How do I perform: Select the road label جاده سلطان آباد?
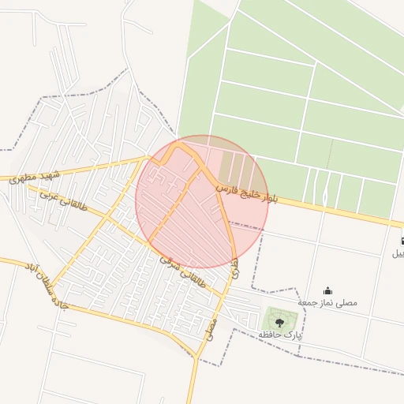point(48,284)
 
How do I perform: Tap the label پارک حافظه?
point(280,336)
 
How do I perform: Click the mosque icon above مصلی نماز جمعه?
point(328,290)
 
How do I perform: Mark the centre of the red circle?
point(202,202)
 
